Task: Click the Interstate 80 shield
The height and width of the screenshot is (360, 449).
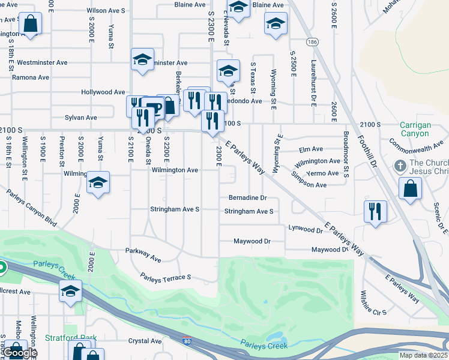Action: pos(188,342)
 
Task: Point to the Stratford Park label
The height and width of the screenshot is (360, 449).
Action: pos(71,338)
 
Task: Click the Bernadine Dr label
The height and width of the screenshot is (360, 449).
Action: pos(247,197)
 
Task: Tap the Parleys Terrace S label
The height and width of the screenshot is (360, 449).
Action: pos(165,277)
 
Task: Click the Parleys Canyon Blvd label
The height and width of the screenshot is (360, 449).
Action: pos(32,208)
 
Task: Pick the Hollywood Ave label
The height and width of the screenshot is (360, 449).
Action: pos(103,92)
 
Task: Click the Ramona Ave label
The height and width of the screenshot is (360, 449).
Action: pos(31,77)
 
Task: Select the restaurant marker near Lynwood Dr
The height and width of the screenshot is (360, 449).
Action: pos(375,212)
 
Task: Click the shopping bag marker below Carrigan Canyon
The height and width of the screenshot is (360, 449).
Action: pos(409,189)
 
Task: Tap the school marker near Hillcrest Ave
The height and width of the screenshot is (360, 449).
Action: pos(70,292)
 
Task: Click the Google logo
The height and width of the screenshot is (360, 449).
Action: pos(20,353)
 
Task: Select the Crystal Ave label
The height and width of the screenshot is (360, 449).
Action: pos(145,341)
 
